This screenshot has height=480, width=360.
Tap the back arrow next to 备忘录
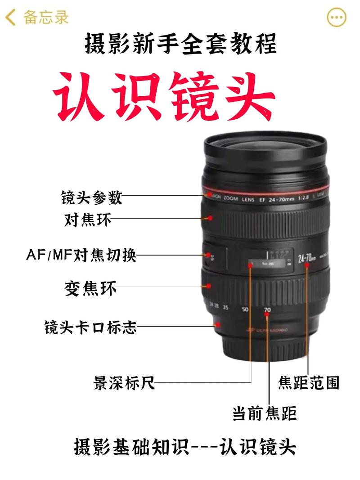[10, 18]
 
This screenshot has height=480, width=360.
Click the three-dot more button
[337, 18]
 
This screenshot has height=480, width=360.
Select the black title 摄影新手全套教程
[180, 45]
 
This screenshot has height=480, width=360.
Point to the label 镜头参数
[91, 197]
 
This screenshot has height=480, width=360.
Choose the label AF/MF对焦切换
[81, 256]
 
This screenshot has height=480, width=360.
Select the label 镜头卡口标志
[90, 327]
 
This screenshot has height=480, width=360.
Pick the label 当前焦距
[264, 413]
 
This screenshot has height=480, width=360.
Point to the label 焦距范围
[308, 383]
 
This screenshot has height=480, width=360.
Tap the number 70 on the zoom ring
[267, 310]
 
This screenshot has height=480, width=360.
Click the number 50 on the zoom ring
[245, 309]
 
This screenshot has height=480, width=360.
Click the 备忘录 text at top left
[46, 18]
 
